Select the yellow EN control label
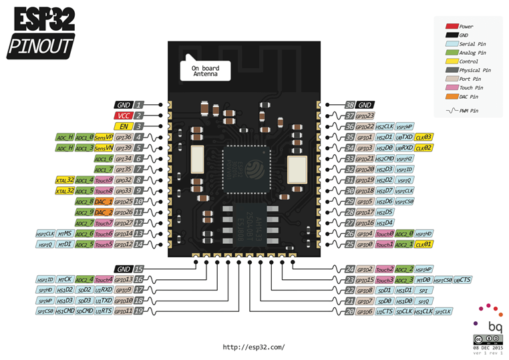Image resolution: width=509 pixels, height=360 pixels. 123,126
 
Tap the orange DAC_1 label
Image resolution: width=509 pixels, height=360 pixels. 104,201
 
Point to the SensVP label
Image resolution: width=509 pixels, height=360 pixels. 104,137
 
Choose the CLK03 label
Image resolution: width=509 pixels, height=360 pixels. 424,137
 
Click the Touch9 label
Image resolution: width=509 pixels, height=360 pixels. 104,180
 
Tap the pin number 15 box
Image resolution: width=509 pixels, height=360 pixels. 139,268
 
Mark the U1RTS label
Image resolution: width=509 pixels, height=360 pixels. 104,311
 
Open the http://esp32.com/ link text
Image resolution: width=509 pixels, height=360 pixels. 254,347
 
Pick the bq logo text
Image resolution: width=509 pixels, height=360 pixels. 495,327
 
